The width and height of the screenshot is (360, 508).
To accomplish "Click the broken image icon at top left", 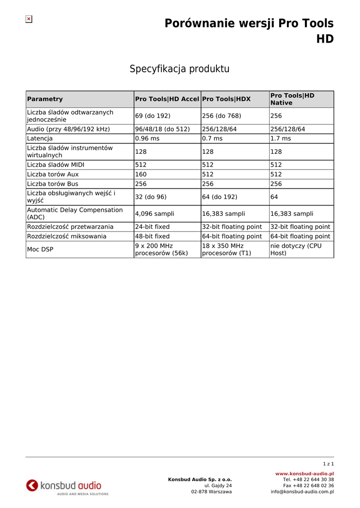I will [29, 19].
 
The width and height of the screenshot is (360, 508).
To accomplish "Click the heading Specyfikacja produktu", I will [179, 69].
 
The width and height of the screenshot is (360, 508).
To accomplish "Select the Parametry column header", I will [45, 99].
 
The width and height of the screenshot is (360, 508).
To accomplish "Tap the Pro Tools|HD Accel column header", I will [167, 99].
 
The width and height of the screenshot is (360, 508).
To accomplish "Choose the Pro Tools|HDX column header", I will [226, 99].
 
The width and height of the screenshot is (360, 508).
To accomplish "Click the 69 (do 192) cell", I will [152, 116].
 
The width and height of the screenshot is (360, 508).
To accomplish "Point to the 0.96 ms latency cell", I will [147, 138].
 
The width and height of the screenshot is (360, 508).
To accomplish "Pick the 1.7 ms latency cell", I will [281, 138].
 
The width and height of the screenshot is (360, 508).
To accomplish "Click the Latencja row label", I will [40, 138].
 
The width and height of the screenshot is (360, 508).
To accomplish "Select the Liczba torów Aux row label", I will [53, 174].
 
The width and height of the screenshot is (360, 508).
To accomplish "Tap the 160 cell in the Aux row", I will [141, 174].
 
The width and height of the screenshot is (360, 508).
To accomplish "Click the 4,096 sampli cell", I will [154, 214].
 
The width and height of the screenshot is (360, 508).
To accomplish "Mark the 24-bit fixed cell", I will [152, 227].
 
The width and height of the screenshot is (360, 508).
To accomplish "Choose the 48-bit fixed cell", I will [152, 236].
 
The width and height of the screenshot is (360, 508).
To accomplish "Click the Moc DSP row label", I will [40, 250].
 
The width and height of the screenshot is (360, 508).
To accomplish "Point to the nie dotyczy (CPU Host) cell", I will [296, 250].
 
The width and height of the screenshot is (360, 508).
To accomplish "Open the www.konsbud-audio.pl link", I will [304, 474].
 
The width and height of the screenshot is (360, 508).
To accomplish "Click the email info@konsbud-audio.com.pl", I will [302, 492].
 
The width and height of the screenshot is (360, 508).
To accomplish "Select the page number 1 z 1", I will [328, 464].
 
